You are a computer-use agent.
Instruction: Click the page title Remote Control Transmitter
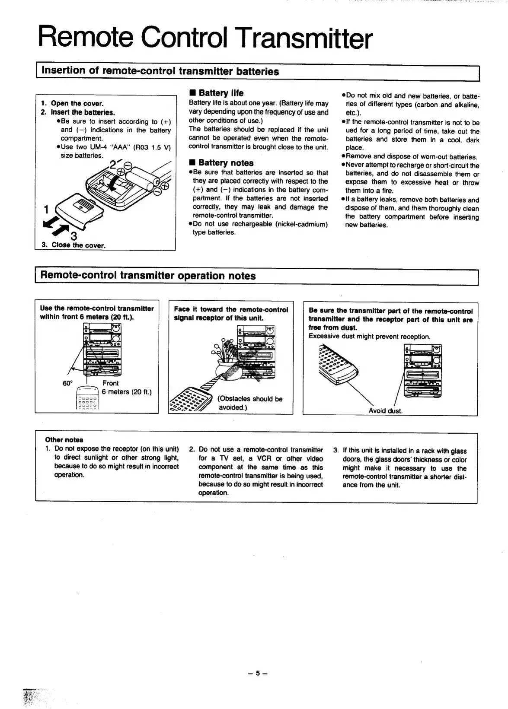pos(205,38)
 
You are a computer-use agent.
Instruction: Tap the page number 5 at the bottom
pos(258,673)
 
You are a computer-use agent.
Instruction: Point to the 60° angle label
pos(68,383)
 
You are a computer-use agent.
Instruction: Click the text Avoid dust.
pos(385,410)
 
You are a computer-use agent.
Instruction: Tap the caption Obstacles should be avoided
pos(250,403)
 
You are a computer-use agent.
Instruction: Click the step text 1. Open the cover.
pos(72,103)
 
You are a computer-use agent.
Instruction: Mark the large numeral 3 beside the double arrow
pos(73,236)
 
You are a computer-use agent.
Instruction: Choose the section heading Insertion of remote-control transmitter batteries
pos(160,72)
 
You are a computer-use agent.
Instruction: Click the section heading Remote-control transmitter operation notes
pos(148,276)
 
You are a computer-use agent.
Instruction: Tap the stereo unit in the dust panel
pos(423,371)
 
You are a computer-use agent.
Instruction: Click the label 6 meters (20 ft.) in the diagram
pos(127,392)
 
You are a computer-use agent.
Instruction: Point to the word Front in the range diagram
pos(110,383)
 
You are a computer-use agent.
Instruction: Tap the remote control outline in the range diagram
pos(88,398)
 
